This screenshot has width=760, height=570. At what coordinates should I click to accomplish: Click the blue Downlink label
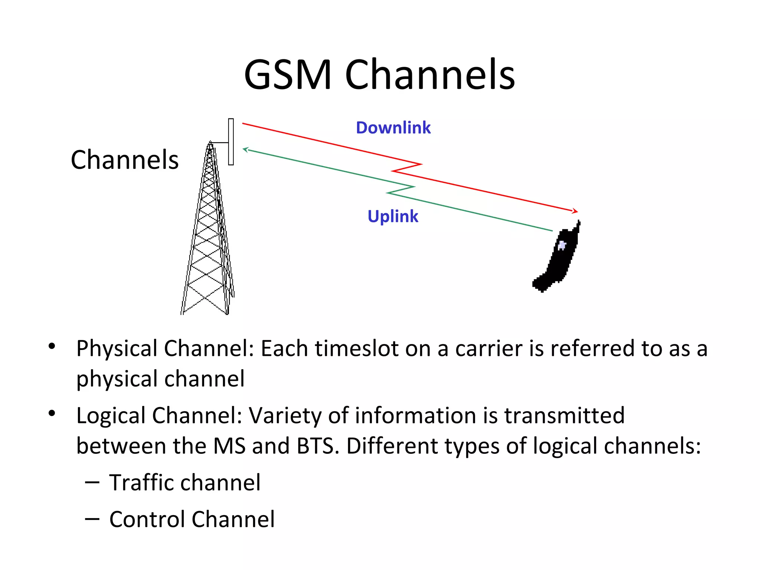click(x=393, y=128)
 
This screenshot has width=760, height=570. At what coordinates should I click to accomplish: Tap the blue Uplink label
click(x=393, y=216)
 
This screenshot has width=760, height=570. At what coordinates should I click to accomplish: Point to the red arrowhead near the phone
click(x=575, y=211)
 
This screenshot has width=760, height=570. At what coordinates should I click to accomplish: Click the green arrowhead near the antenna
click(x=245, y=149)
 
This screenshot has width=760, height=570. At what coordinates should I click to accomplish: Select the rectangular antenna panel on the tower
click(x=231, y=141)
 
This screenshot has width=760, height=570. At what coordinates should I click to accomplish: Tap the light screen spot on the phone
click(x=562, y=245)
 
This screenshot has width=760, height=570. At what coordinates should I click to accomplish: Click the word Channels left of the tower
click(x=125, y=160)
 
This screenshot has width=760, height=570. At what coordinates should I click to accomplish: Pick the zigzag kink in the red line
click(x=407, y=168)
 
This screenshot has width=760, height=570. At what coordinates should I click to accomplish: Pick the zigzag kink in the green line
click(x=400, y=190)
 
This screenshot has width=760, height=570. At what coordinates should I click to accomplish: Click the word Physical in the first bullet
click(x=117, y=349)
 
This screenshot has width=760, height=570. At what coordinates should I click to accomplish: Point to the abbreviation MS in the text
click(x=229, y=446)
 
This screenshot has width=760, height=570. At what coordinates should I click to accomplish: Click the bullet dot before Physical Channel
click(x=52, y=347)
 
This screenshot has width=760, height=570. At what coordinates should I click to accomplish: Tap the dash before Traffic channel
click(x=92, y=482)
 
